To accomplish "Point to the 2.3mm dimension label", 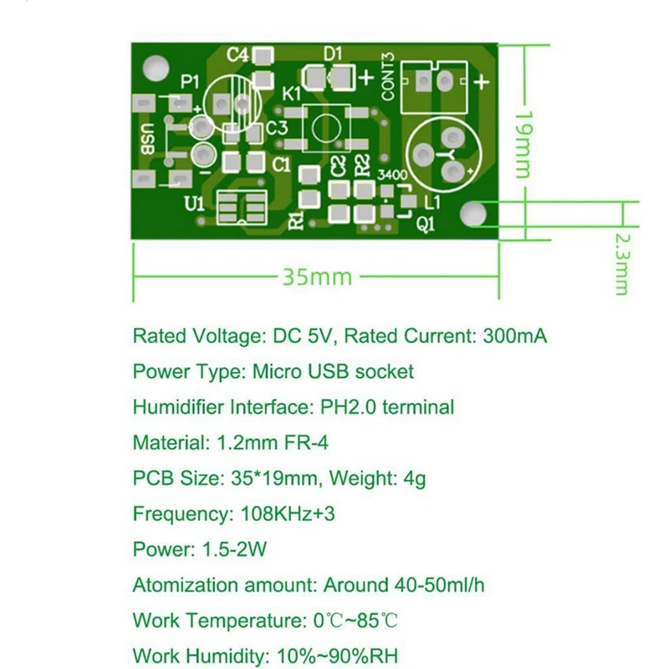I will [x=620, y=263].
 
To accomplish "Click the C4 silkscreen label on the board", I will [x=238, y=55].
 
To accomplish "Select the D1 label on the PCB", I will [x=333, y=54].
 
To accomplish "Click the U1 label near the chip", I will [x=193, y=204].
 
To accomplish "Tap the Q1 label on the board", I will [x=426, y=222].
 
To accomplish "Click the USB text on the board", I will [x=147, y=139].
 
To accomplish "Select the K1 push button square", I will [x=326, y=130].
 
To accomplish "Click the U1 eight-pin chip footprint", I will [x=241, y=208].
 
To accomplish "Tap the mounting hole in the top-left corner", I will [x=153, y=67].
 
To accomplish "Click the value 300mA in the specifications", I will [x=514, y=336].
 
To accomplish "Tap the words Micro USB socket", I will [x=347, y=371].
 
